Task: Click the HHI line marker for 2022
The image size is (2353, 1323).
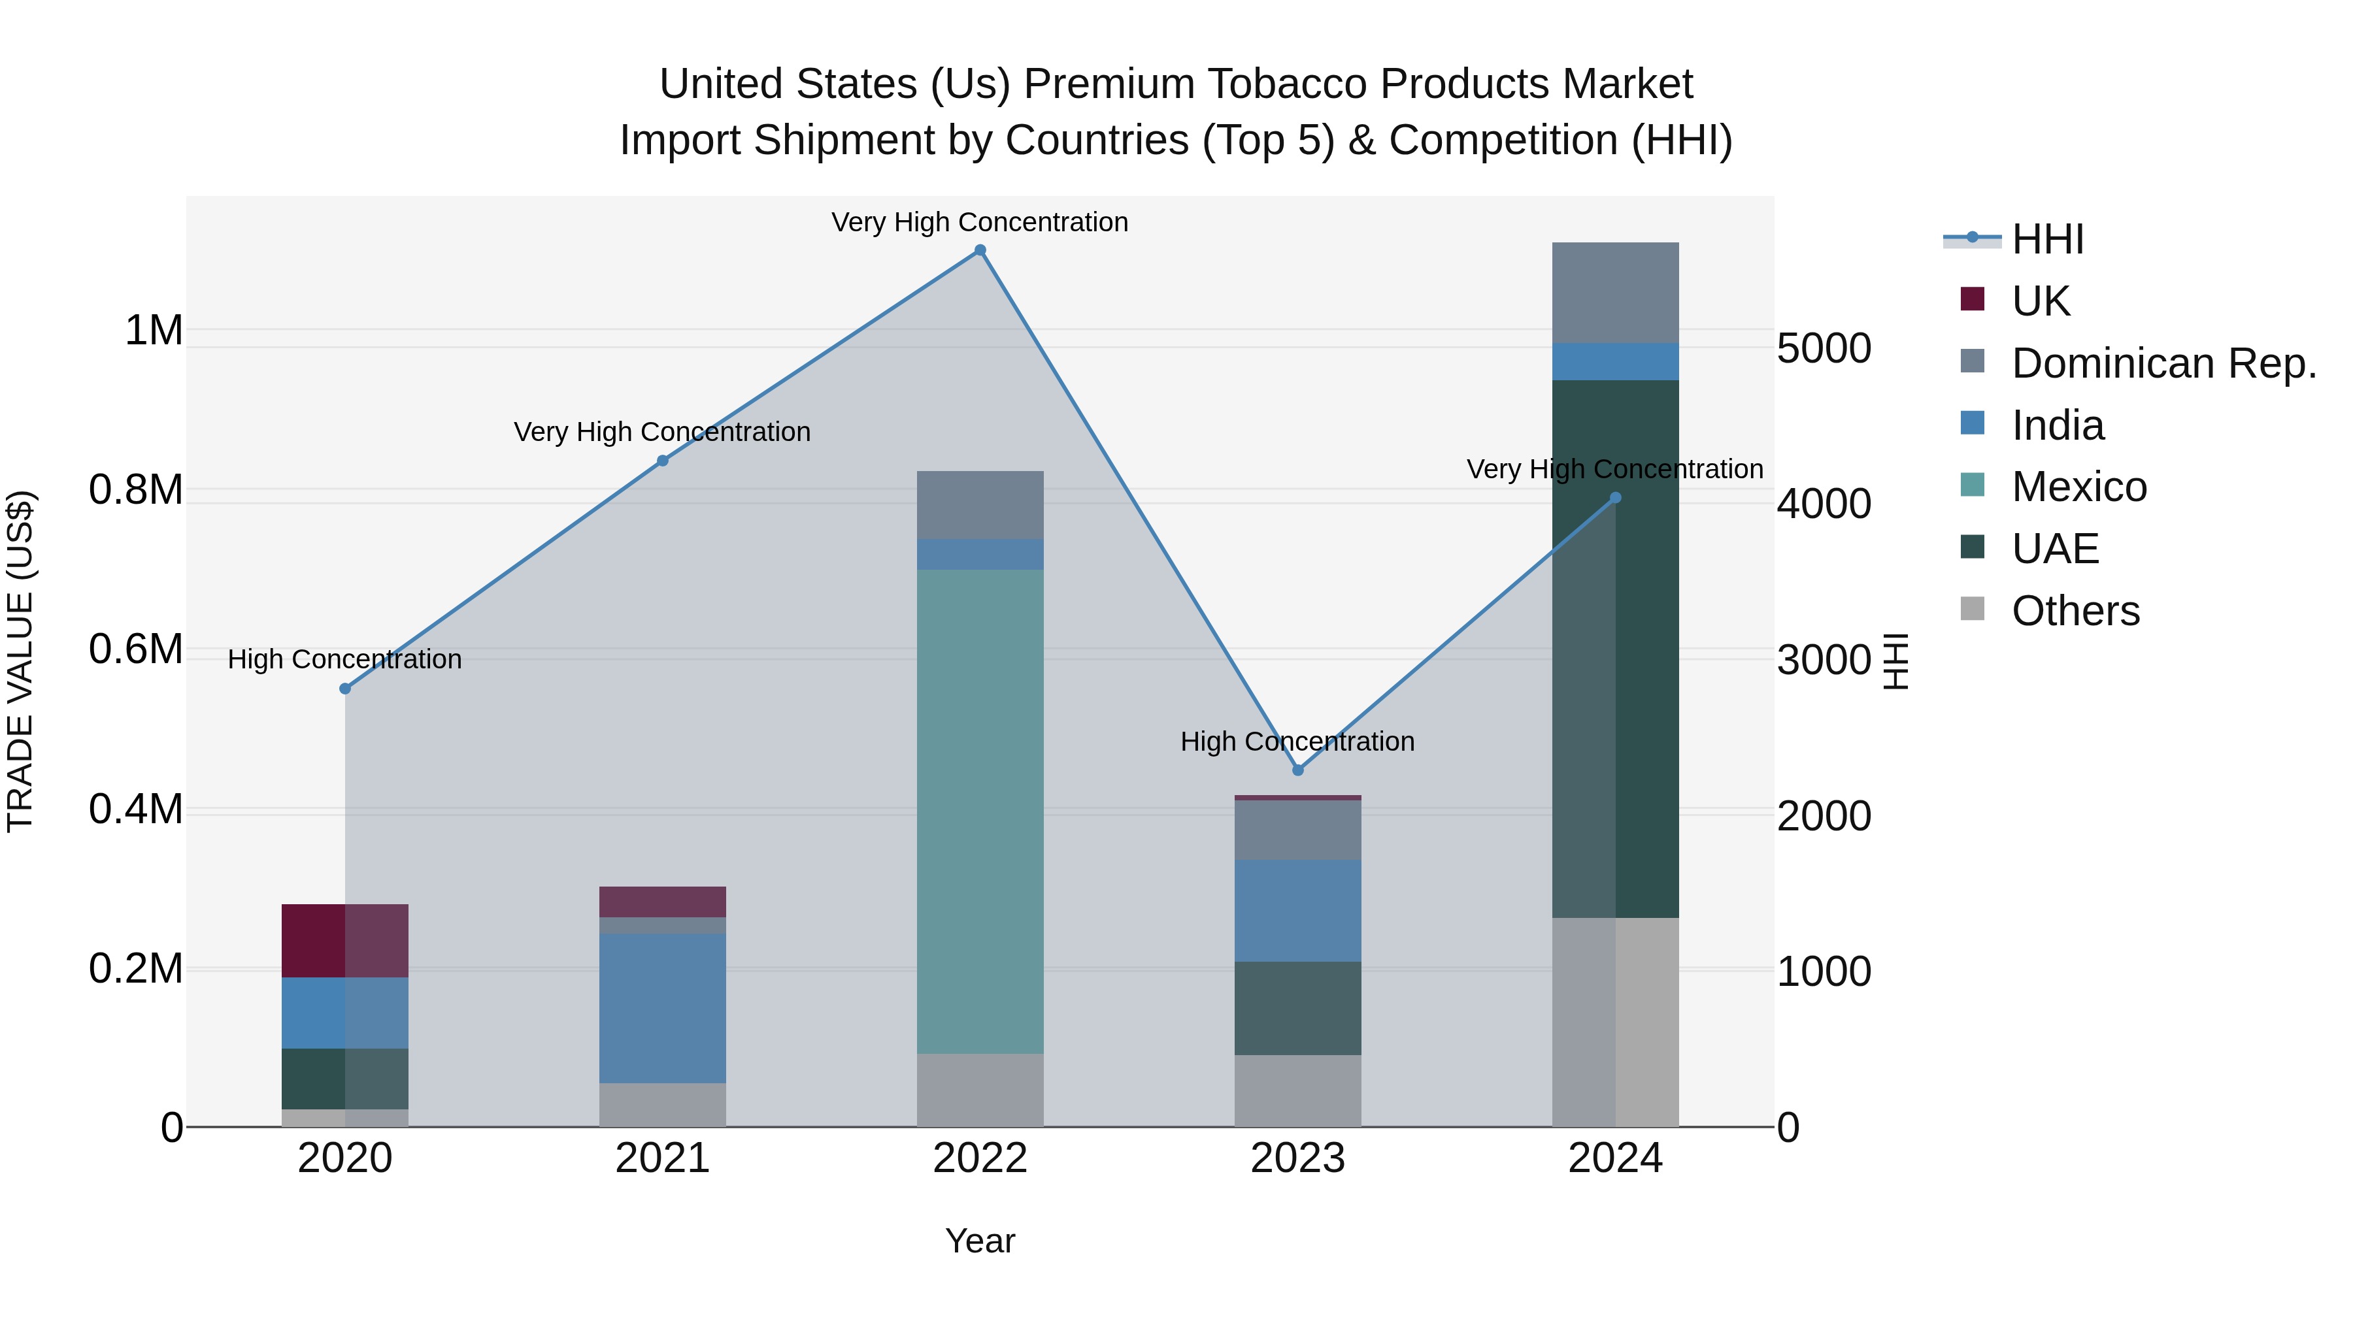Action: click(980, 250)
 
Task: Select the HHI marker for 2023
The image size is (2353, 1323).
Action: click(1298, 770)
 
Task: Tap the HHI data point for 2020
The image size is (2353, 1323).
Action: click(345, 689)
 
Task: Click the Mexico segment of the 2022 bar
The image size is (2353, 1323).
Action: click(980, 811)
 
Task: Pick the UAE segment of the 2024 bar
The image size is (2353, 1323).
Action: click(1615, 648)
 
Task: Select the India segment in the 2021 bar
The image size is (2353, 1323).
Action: click(662, 1008)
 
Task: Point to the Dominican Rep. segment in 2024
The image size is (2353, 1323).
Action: click(1615, 292)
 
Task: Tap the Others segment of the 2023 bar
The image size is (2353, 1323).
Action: click(1298, 1090)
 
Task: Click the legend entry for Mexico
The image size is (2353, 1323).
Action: click(2079, 487)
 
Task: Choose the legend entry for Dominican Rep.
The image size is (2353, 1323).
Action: click(2163, 363)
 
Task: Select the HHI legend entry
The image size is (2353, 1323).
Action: click(2047, 239)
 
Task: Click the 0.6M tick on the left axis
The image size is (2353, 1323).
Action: click(135, 649)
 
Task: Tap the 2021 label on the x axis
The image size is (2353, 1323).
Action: click(662, 1158)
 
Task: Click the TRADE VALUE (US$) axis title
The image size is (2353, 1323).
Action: click(20, 661)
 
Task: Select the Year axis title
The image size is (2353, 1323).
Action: click(980, 1241)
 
